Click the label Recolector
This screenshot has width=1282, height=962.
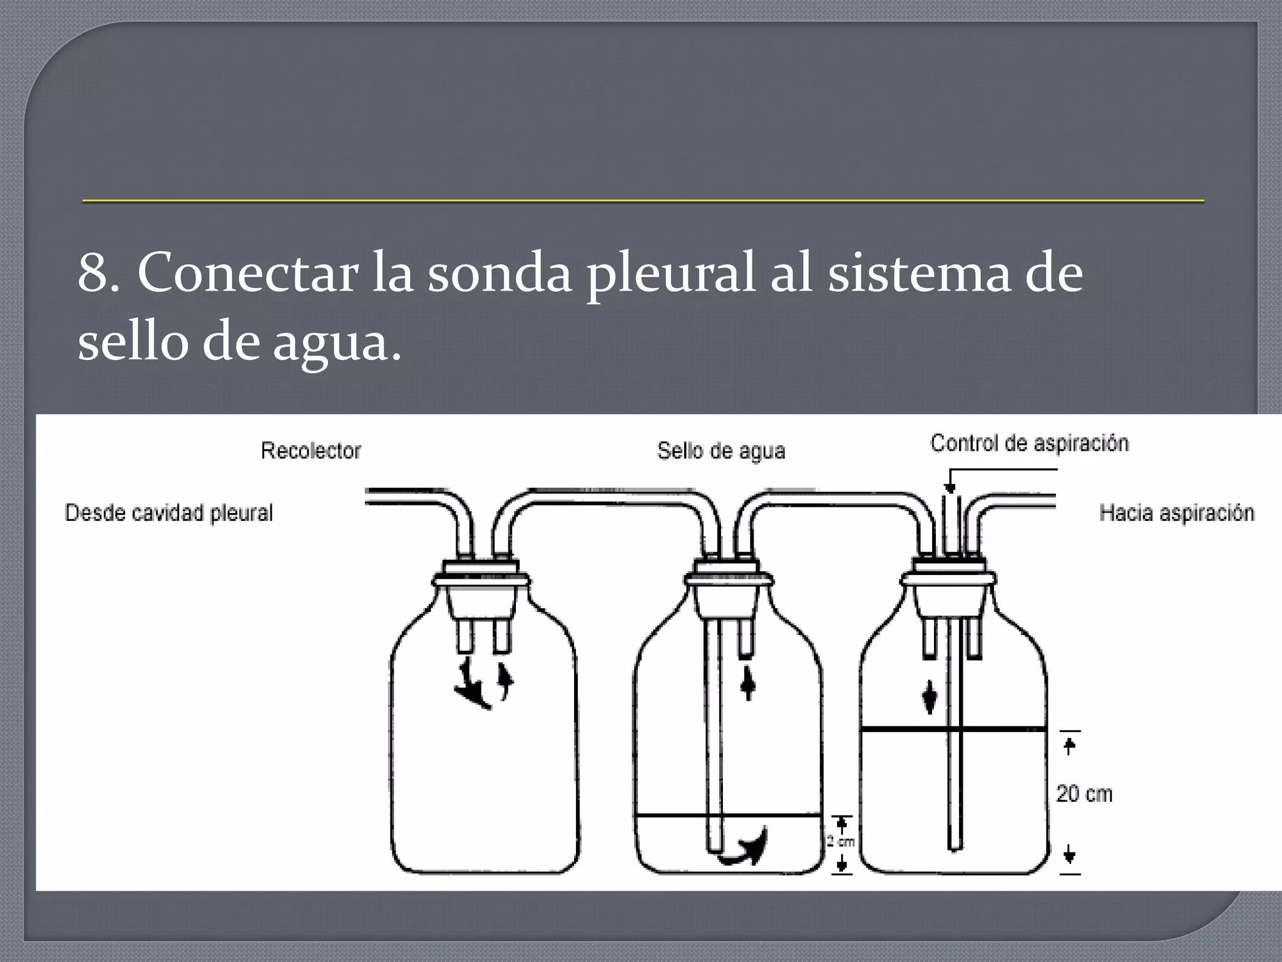click(x=310, y=451)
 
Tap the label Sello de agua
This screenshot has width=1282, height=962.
click(x=720, y=451)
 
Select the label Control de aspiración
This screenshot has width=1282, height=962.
click(x=1029, y=443)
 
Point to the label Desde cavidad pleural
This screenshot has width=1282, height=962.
click(x=169, y=513)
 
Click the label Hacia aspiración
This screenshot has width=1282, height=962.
click(x=1176, y=513)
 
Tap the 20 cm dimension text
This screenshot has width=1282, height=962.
click(x=1084, y=794)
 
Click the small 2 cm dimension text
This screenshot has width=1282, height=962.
click(x=841, y=842)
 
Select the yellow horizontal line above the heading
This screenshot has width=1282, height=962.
click(x=643, y=201)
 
